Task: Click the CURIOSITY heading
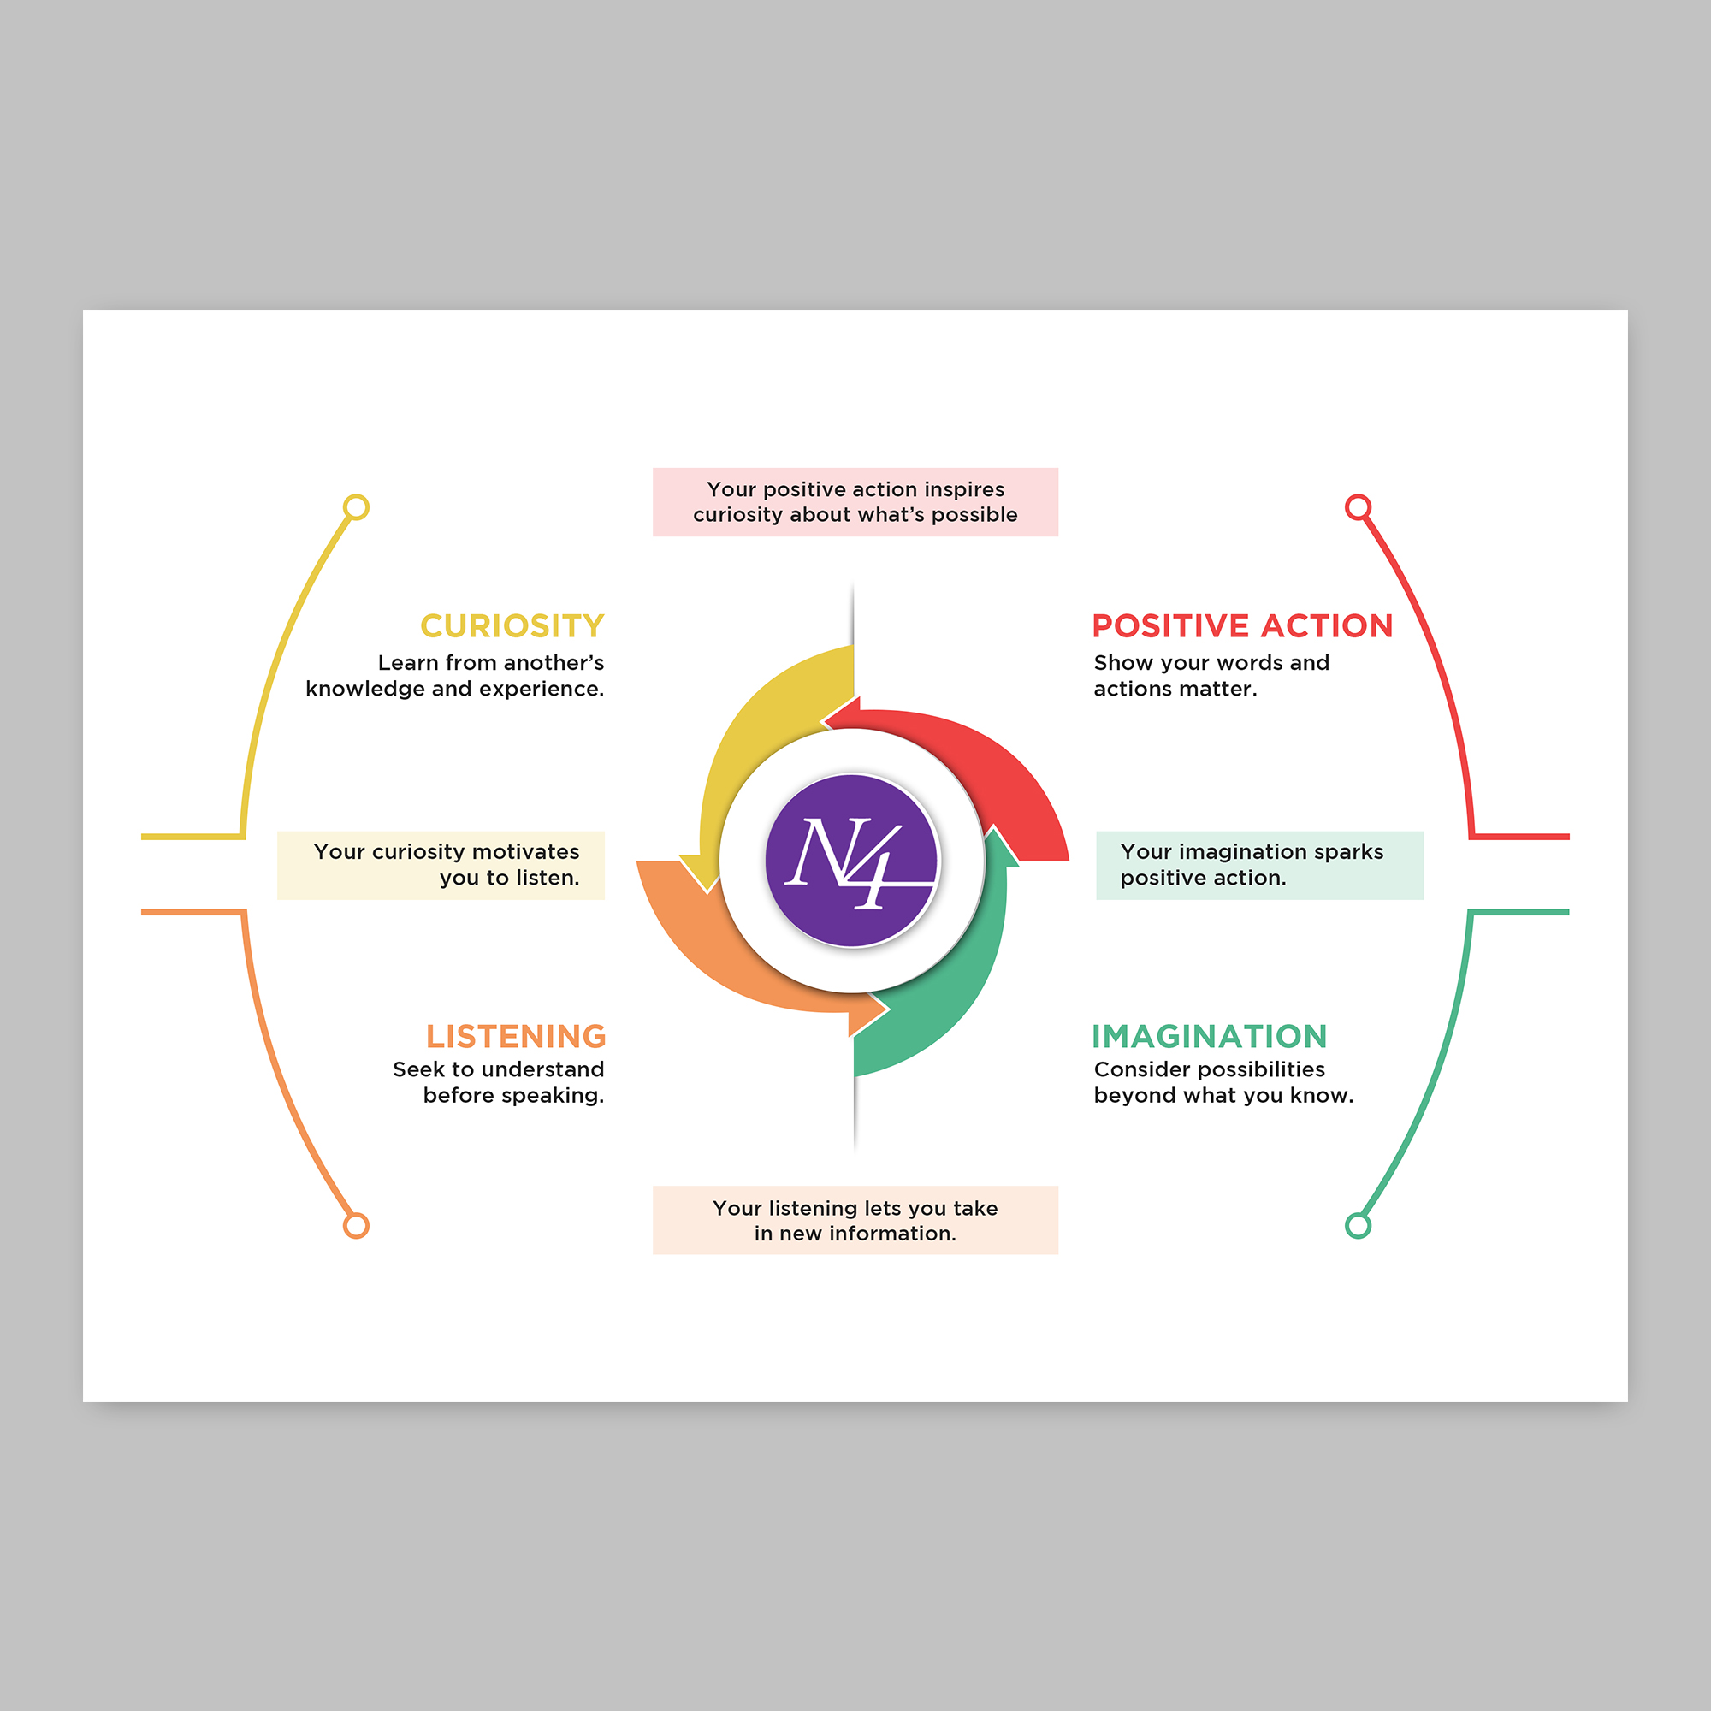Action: point(512,626)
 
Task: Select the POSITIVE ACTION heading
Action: point(1242,626)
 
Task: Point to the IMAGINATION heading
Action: point(1210,1036)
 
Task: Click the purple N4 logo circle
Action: point(851,861)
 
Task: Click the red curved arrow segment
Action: point(992,761)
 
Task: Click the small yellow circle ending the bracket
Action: point(356,507)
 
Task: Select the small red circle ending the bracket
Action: point(1358,507)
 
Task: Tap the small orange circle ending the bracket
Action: point(356,1226)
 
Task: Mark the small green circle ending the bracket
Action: point(1358,1226)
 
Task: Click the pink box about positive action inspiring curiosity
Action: point(855,502)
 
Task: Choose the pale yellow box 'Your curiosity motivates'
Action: point(441,865)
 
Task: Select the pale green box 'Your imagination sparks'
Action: point(1259,865)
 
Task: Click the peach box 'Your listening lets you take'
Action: point(855,1221)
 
